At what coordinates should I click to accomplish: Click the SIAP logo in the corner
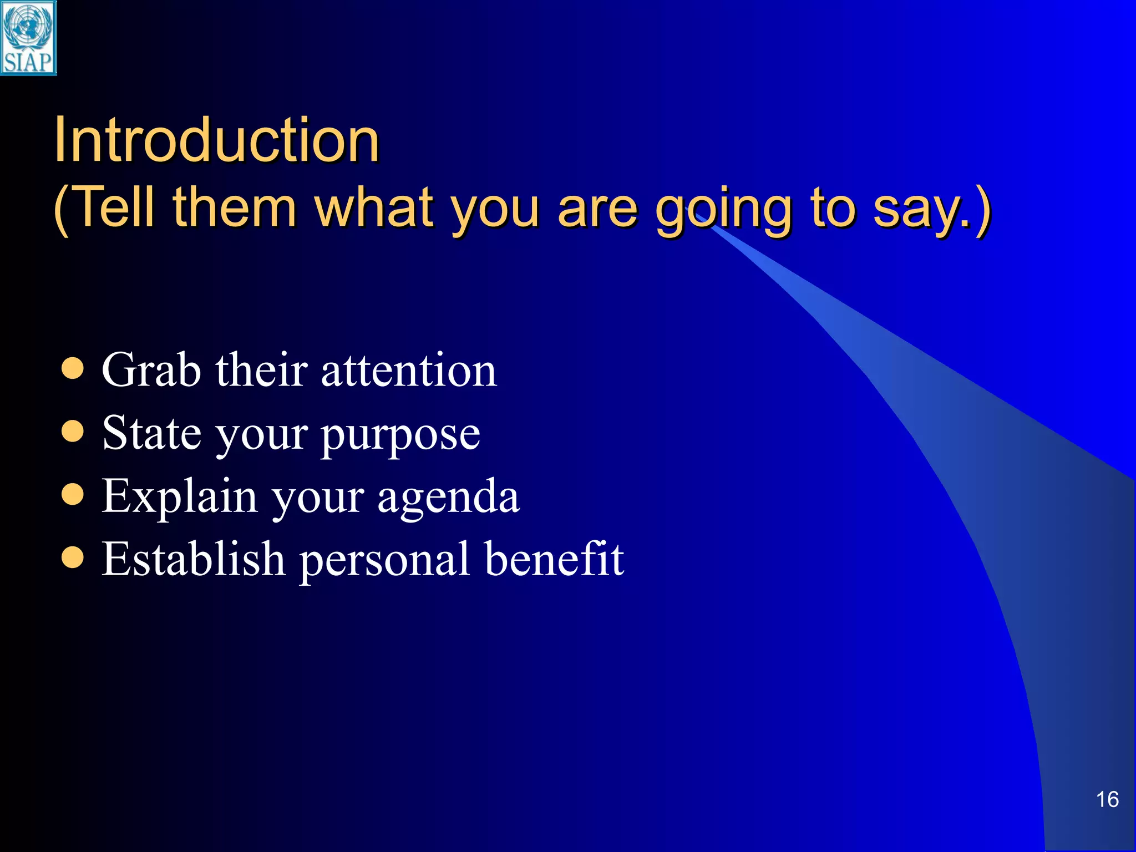point(28,38)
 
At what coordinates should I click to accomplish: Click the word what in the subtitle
point(374,208)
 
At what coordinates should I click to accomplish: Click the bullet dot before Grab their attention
point(73,369)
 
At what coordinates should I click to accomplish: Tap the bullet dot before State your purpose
point(73,432)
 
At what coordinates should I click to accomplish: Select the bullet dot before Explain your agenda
point(73,495)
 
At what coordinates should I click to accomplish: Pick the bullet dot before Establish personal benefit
point(73,557)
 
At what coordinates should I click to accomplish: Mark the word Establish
point(193,559)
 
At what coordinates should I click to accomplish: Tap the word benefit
point(554,559)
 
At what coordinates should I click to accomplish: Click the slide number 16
point(1107,799)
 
